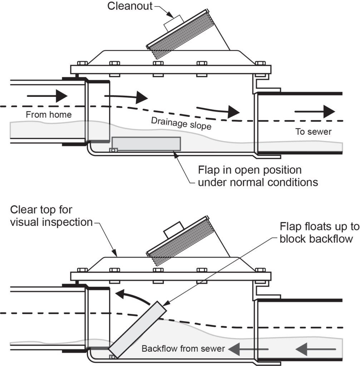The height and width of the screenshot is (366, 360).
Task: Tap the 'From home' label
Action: (49, 115)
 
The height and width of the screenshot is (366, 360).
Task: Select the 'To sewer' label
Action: (313, 132)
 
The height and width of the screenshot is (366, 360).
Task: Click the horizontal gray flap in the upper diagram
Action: (146, 143)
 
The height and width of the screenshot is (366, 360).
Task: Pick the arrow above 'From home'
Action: (47, 96)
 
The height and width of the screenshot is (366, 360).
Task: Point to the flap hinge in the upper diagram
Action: (114, 150)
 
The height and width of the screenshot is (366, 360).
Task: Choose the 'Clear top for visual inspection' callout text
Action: (51, 216)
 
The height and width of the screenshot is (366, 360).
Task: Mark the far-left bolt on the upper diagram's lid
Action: (82, 64)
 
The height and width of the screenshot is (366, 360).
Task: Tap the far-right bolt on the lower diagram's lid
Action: (261, 269)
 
